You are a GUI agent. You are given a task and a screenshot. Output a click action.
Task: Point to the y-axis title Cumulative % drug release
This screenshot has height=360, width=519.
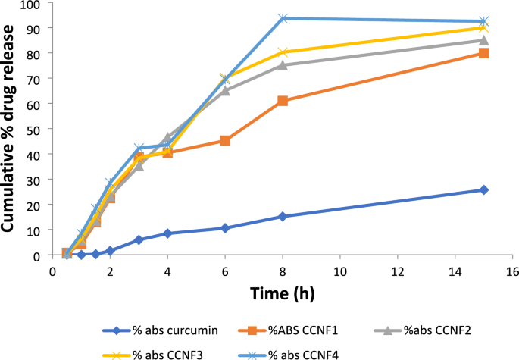pos(11,127)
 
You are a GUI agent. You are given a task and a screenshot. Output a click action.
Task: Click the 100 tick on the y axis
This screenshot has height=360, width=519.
pos(32,4)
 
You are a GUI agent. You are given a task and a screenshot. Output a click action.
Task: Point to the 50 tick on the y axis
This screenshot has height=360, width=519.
pos(35,129)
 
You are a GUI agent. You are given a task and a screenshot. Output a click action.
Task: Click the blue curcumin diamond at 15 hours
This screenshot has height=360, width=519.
pos(483,189)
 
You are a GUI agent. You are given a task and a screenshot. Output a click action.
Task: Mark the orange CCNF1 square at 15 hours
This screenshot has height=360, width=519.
pos(483,53)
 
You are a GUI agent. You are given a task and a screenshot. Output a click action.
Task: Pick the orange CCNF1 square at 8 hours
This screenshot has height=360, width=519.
pos(283,101)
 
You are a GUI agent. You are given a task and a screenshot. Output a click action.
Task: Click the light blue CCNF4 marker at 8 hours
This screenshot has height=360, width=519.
pos(283,18)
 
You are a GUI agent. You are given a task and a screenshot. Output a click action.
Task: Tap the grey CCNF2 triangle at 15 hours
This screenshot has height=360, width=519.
pos(483,41)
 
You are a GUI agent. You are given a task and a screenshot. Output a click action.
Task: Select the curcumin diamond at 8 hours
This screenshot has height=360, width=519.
pos(283,217)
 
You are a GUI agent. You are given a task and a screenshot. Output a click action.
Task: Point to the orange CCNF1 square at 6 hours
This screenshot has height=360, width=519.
pos(225,141)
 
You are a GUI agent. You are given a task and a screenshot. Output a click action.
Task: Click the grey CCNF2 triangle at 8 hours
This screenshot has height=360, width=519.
pos(283,65)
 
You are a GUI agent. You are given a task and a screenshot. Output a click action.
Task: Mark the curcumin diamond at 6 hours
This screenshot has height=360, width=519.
pos(225,228)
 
